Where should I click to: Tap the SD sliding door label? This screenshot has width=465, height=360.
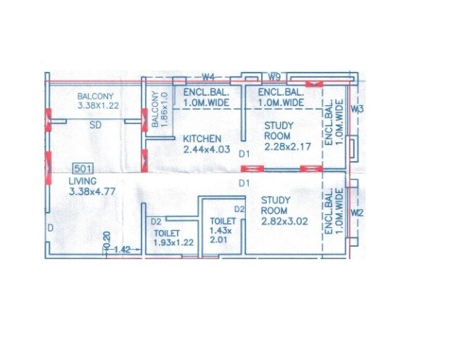point(94,125)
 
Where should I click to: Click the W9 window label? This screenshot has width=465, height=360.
point(274,76)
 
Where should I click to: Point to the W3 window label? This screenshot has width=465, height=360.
point(356,109)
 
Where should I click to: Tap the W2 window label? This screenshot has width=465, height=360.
point(356,213)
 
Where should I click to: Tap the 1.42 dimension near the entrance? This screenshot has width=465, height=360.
point(121,249)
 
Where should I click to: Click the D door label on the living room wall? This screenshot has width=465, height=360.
point(50,229)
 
